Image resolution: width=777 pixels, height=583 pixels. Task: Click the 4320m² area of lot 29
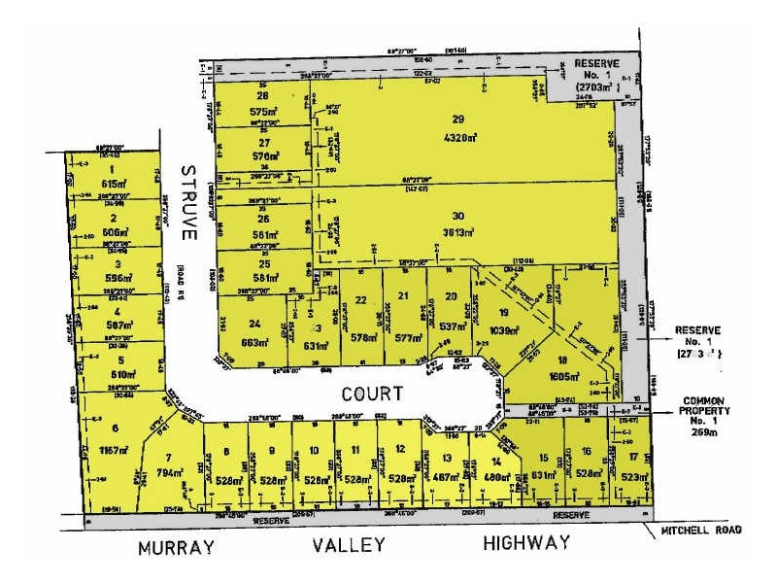pos(453,138)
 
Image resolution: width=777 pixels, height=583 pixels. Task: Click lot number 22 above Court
pos(361,300)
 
